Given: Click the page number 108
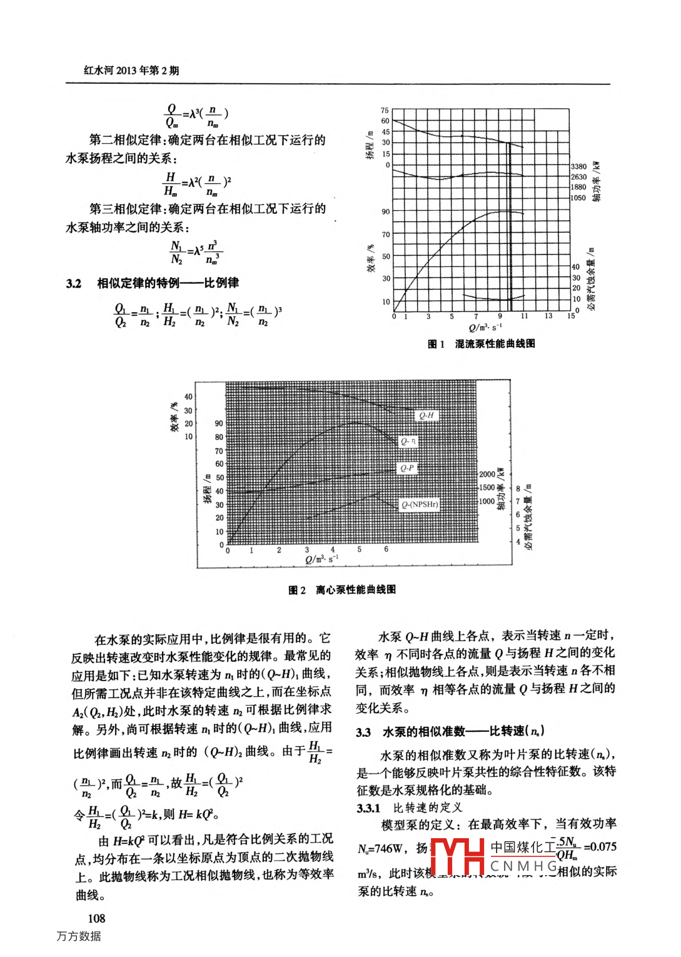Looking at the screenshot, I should (x=96, y=918).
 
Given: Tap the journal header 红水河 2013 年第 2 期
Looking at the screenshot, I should (x=131, y=70).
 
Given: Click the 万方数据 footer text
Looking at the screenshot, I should (x=79, y=936).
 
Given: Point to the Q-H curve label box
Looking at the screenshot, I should (x=426, y=415).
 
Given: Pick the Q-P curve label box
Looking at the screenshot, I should (x=407, y=468).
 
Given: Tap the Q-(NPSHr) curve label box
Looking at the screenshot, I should (x=420, y=504).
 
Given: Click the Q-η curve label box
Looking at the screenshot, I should (x=408, y=442).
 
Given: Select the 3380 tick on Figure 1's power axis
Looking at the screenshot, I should (x=578, y=166).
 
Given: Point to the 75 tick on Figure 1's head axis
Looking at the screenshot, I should (x=385, y=110).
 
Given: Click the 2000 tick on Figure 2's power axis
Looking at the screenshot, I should (x=487, y=474).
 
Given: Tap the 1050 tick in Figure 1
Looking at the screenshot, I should (x=578, y=198).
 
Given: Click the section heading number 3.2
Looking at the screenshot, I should (x=74, y=283).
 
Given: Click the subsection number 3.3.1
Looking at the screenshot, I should (x=368, y=808).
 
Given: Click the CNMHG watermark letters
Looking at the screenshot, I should (x=524, y=866).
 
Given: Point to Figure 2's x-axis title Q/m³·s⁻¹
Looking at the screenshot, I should (x=321, y=559).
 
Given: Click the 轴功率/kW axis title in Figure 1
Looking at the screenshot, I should (x=597, y=181).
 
